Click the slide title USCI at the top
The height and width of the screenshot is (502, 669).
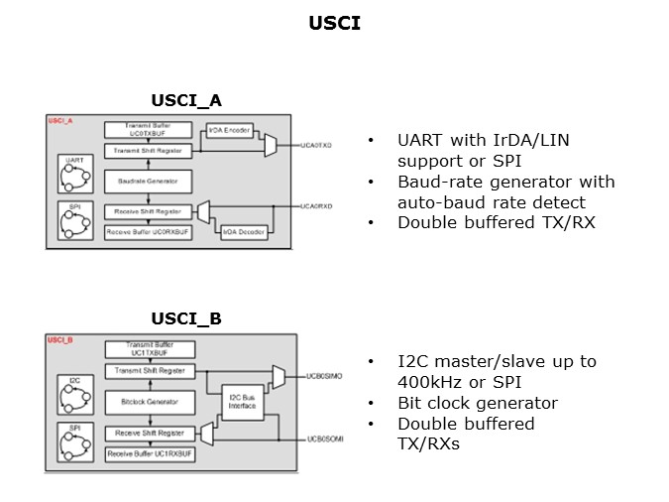[334, 23]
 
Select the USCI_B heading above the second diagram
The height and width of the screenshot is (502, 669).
[186, 318]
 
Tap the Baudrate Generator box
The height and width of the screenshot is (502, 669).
[147, 181]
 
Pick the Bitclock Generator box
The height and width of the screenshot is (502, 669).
[147, 402]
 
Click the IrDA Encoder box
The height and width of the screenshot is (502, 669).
[229, 131]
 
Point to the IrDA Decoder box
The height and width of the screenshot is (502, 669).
[242, 231]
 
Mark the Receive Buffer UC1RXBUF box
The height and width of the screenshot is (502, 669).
[147, 453]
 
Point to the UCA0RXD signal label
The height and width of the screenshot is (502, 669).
[317, 206]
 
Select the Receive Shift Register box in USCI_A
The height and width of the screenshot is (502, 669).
[147, 211]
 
